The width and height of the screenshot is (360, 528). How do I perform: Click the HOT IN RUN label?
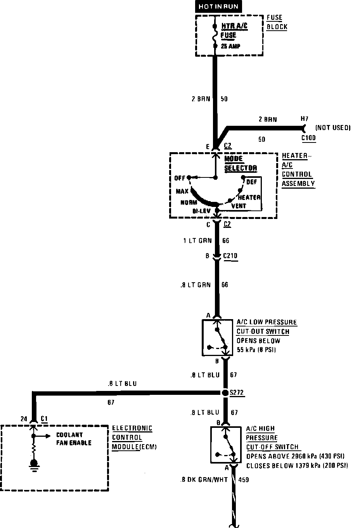(x=218, y=7)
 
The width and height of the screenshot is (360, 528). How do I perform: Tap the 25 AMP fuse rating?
(x=230, y=46)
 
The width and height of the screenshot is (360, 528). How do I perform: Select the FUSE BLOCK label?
(x=277, y=22)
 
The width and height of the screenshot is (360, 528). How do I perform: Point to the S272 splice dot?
(x=225, y=393)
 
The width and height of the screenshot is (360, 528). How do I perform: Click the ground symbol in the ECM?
(x=34, y=464)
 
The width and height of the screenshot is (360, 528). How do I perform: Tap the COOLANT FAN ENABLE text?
(x=74, y=439)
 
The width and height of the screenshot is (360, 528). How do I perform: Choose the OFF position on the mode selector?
(x=180, y=178)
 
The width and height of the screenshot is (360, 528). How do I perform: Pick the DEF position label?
(x=252, y=182)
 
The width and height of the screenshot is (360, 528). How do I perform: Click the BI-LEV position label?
(x=201, y=211)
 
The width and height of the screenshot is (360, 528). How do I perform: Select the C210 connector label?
(x=230, y=256)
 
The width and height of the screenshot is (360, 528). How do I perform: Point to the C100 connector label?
(x=308, y=138)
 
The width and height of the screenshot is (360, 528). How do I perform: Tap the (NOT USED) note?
(x=333, y=128)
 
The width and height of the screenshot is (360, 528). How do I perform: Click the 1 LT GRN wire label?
(x=197, y=241)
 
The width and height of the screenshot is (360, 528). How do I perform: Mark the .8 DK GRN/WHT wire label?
(x=204, y=480)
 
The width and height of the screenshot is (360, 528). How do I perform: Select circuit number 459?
(x=244, y=480)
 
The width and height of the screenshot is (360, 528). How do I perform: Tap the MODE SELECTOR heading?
(x=241, y=163)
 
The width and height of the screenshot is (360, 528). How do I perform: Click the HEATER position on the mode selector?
(x=249, y=198)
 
